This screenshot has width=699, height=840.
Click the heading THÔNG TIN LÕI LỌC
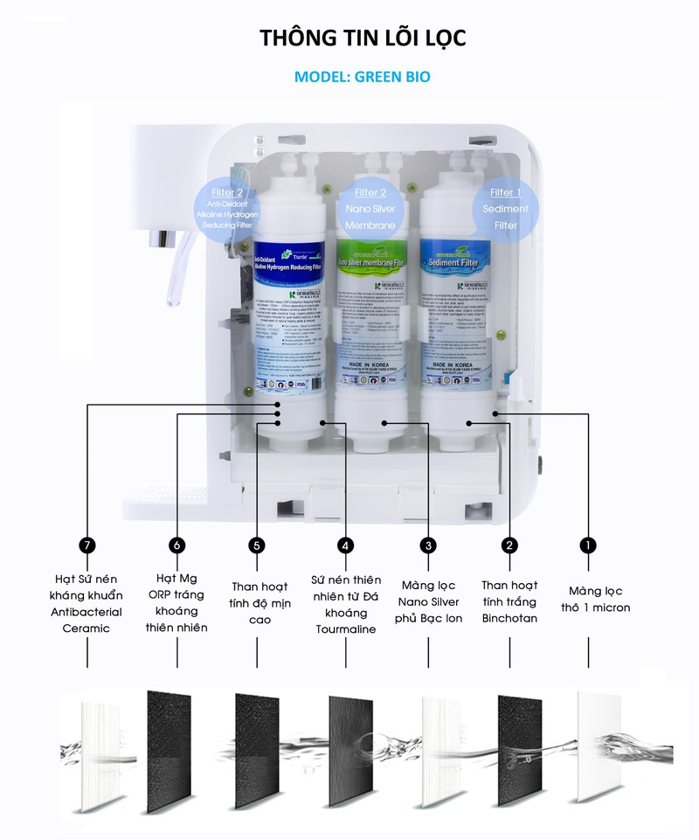click(x=363, y=38)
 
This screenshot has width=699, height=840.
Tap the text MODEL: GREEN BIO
click(x=362, y=77)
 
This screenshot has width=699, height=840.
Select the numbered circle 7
click(x=87, y=545)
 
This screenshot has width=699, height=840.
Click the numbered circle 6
click(x=177, y=545)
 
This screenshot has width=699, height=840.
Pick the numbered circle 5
click(x=256, y=545)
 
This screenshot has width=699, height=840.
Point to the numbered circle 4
click(x=347, y=545)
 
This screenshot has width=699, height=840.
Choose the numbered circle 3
click(x=427, y=545)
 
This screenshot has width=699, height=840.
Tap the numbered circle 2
click(x=509, y=545)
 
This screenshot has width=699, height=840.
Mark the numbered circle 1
click(x=588, y=545)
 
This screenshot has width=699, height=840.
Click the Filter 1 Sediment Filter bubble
click(x=505, y=209)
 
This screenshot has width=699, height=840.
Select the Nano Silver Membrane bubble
click(x=371, y=209)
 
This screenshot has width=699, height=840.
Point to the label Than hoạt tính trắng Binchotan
click(x=509, y=601)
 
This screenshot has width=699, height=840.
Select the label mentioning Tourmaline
click(x=347, y=604)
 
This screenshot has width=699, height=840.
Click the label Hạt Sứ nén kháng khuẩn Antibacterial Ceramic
click(x=87, y=603)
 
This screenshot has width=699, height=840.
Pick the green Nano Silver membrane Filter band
click(x=371, y=260)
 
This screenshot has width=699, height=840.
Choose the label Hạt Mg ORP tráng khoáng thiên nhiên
click(x=177, y=603)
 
